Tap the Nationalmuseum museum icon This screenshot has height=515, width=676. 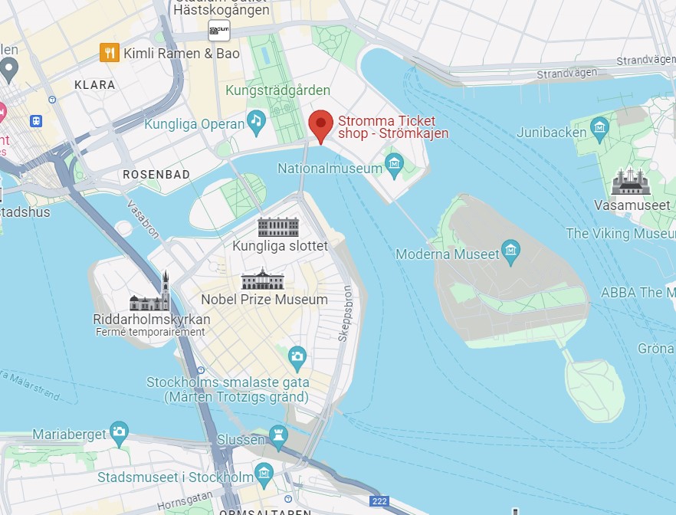coord(394,162)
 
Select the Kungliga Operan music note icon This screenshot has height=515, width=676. coord(256,121)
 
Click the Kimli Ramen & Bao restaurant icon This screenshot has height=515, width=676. coord(110,53)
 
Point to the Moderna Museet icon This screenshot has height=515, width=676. coord(510,250)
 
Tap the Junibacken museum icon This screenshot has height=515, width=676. coord(600,126)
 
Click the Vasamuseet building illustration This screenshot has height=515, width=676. coord(631,182)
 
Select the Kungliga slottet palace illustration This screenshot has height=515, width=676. coord(279,227)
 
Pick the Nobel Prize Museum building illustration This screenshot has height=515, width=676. coord(262,279)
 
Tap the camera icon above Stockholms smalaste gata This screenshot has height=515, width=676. coord(297,356)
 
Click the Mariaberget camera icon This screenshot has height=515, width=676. coord(118,431)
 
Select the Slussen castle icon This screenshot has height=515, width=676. coord(278,436)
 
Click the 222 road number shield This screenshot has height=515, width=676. coord(379,502)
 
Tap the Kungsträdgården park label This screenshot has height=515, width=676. coord(277,91)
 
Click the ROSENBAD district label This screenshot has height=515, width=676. coord(156,175)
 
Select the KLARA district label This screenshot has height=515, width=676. coord(95,85)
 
